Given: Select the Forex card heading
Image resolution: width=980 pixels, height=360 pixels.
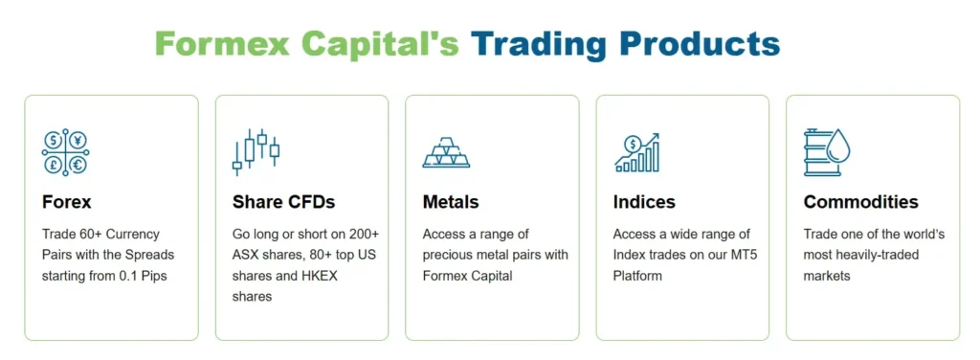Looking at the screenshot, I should click(x=67, y=202).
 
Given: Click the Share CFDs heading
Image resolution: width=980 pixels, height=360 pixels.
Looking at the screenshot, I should click(x=283, y=202).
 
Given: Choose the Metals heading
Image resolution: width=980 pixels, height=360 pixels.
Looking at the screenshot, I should click(x=451, y=202).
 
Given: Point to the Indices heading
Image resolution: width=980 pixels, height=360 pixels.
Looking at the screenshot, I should click(x=644, y=202).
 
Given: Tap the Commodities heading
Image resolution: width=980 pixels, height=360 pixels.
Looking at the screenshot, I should click(x=860, y=202).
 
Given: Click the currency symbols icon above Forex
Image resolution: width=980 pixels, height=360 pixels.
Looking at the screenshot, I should click(x=65, y=152).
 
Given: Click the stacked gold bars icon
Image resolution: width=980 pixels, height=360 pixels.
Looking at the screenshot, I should click(x=446, y=153).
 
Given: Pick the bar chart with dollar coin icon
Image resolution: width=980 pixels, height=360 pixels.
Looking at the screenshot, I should click(x=637, y=152).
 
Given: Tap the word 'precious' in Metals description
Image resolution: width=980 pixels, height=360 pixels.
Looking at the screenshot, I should click(x=453, y=255).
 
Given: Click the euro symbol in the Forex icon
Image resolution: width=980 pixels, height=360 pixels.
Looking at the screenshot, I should click(x=77, y=165).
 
